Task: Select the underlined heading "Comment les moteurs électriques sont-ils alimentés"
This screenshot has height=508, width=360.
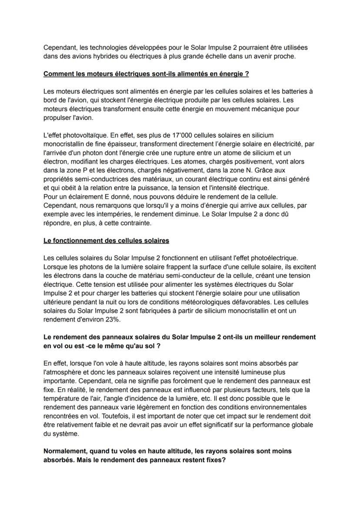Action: (x=146, y=74)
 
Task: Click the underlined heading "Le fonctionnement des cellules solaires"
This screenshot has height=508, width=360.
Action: (x=106, y=240)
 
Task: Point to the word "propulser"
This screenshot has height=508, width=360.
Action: (x=57, y=118)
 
